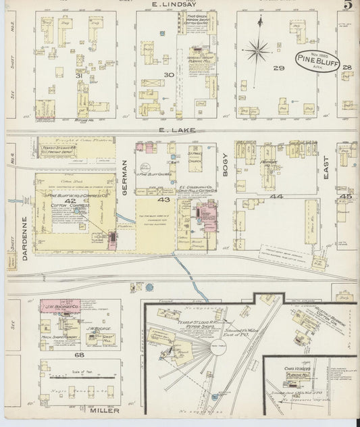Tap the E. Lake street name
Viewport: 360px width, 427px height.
172,129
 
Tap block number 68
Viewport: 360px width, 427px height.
79,355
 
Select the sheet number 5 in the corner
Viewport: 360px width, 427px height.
346,6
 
